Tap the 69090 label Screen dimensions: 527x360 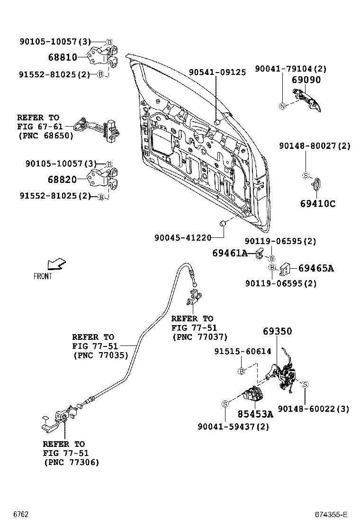(x=306, y=80)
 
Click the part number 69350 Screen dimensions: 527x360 (x=278, y=331)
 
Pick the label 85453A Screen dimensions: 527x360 (x=255, y=414)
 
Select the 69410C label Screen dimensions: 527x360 (x=317, y=204)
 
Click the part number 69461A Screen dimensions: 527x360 (x=230, y=254)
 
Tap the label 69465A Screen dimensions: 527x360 (x=316, y=268)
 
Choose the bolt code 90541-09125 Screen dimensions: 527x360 (x=217, y=73)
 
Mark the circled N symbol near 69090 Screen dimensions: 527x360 (x=282, y=106)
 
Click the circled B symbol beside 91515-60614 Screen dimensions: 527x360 (x=242, y=371)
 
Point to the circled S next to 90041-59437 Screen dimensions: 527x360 (x=225, y=404)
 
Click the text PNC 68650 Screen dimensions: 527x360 (x=45, y=136)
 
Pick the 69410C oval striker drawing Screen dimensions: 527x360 (x=318, y=184)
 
